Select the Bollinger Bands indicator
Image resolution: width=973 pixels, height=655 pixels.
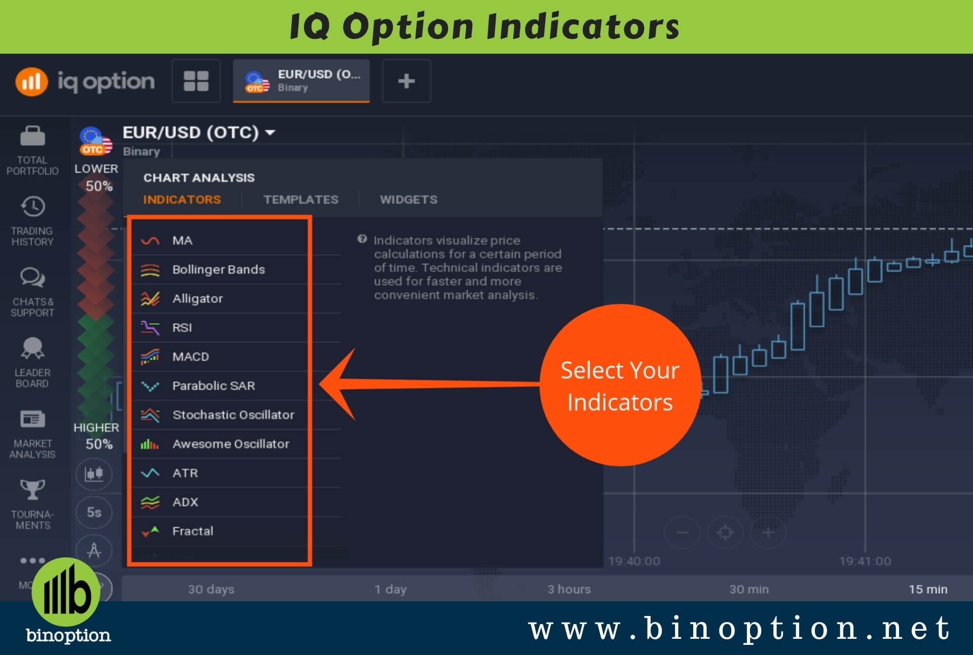218,269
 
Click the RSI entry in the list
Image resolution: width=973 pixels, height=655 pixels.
182,328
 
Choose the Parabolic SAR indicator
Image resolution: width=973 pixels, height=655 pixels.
213,386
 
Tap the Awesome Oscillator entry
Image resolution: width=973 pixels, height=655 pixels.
231,444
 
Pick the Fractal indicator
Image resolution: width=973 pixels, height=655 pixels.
193,531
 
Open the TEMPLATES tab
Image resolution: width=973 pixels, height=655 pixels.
301,200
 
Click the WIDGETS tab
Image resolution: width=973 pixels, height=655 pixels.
408,200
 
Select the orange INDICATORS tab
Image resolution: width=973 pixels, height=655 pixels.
182,200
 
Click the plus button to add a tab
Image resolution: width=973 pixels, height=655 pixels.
406,81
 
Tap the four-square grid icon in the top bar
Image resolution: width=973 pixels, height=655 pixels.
196,81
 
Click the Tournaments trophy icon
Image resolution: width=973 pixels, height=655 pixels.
32,489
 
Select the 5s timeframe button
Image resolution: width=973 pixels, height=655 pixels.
94,512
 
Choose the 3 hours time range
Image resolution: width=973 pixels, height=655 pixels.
569,589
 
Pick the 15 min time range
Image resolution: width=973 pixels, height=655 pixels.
928,589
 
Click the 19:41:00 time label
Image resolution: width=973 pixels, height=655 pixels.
865,561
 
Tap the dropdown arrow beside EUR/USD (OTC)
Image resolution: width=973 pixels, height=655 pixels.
270,133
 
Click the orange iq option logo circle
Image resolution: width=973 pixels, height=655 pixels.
31,81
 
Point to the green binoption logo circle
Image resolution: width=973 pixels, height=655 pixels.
66,592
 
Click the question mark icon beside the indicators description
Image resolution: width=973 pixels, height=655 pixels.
362,239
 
